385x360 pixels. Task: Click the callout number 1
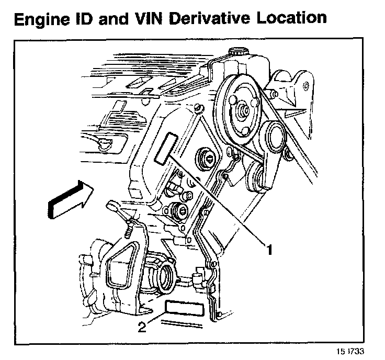click(269, 250)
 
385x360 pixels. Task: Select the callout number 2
click(141, 328)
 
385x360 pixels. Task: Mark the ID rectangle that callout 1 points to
click(166, 148)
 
